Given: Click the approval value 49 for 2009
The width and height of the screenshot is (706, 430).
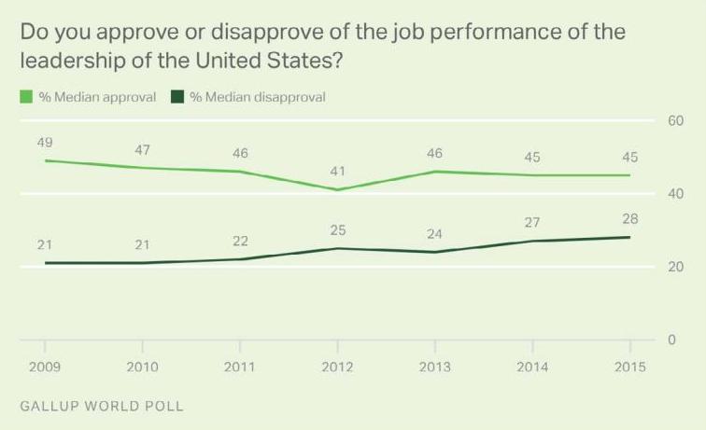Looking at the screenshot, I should click(x=45, y=143).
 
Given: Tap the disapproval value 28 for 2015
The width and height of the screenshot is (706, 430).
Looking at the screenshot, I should click(x=629, y=219).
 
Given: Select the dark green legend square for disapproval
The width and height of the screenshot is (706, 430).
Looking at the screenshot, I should click(x=177, y=97).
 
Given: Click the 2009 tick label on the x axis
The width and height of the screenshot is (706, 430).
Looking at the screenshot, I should click(x=45, y=367).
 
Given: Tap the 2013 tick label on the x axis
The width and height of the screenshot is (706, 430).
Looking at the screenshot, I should click(x=433, y=367).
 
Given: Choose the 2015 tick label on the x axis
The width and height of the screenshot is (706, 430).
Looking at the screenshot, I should click(x=628, y=367).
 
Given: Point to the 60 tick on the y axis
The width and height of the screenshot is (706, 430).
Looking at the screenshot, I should click(x=674, y=120).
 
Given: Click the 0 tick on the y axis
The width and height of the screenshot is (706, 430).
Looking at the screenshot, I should click(x=671, y=340).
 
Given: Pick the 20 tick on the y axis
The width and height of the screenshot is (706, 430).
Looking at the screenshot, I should click(x=674, y=267).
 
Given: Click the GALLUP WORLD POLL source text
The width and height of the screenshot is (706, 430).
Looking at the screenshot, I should click(x=102, y=407).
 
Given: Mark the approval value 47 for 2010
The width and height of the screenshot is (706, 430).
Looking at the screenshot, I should click(x=143, y=150).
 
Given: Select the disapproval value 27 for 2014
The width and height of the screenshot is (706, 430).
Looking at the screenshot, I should click(x=532, y=223).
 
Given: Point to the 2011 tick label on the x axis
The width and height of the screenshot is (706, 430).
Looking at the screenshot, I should click(x=240, y=367).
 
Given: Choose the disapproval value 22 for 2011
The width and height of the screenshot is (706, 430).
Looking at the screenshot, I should click(x=240, y=241).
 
